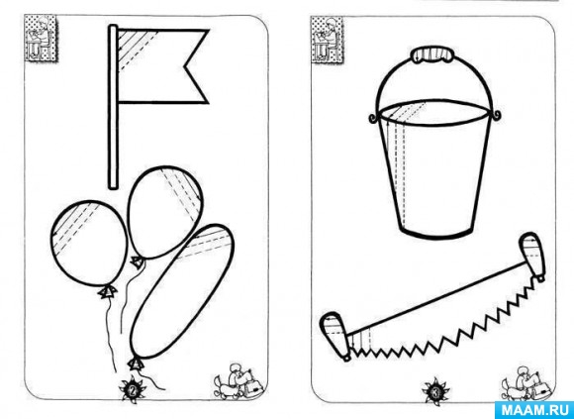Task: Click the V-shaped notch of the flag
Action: tap(185, 66)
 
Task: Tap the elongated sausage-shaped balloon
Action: tap(182, 291)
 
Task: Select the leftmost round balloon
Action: tap(89, 243)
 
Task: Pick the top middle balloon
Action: tap(164, 212)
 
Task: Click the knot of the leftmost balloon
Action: tap(107, 292)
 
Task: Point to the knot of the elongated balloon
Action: tap(136, 364)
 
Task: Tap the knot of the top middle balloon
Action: tap(138, 262)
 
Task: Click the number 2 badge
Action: tap(133, 390)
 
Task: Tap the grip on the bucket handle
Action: tap(432, 54)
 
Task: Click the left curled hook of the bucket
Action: tap(373, 118)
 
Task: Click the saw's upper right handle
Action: tap(533, 257)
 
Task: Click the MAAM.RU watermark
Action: tap(534, 410)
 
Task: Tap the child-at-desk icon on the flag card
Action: tap(41, 38)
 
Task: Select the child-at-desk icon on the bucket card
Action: tap(327, 40)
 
